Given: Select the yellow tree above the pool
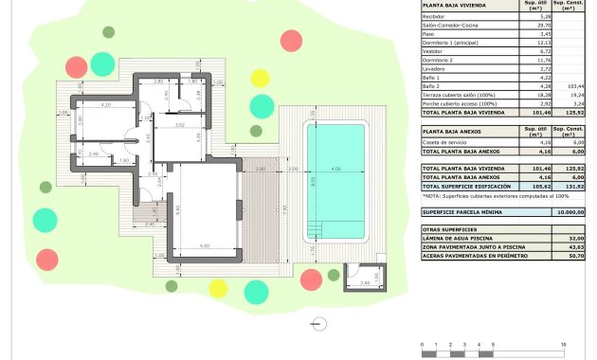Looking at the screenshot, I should tap(260, 78).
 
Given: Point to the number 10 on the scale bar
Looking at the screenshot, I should tap(564, 344).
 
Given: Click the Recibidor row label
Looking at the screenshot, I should tap(436, 17).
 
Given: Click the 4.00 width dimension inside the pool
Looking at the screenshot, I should tap(335, 170).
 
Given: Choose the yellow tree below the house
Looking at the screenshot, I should tap(218, 288).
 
